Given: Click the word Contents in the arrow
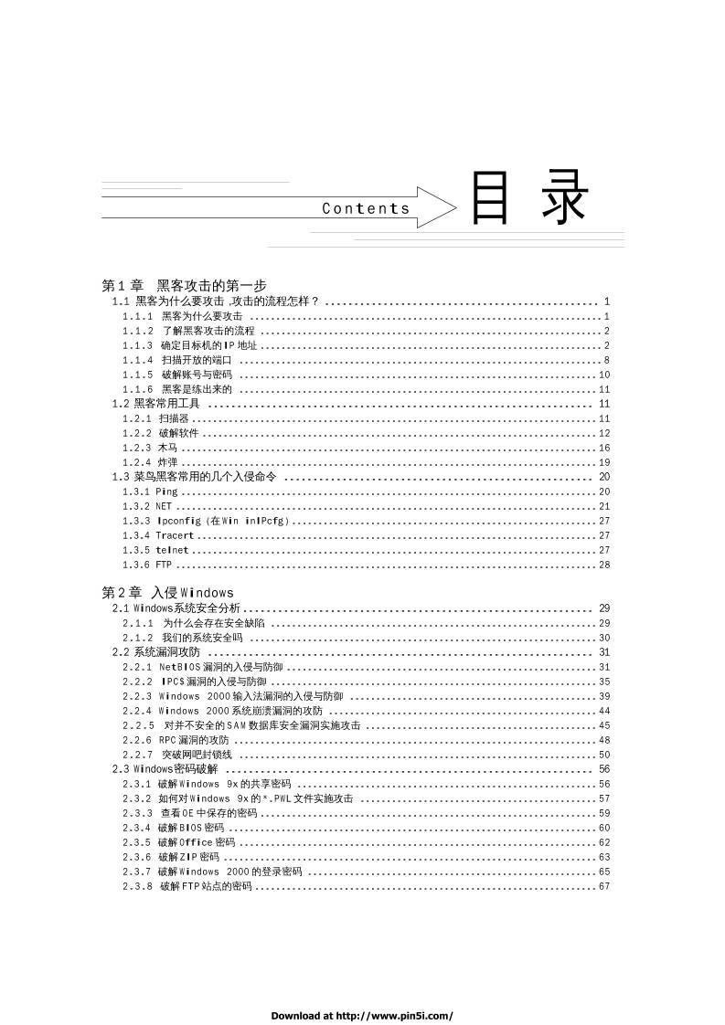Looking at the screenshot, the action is (366, 208).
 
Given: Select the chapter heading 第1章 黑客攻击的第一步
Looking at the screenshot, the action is (184, 285).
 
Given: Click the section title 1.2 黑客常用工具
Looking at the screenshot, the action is (156, 403).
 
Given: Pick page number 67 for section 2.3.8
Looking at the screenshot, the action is (604, 886).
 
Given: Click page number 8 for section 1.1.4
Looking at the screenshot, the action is (606, 360).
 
